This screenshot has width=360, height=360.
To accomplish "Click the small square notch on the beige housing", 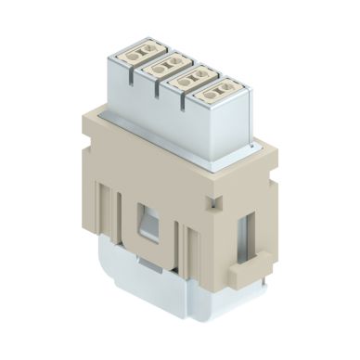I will click(x=214, y=200).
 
